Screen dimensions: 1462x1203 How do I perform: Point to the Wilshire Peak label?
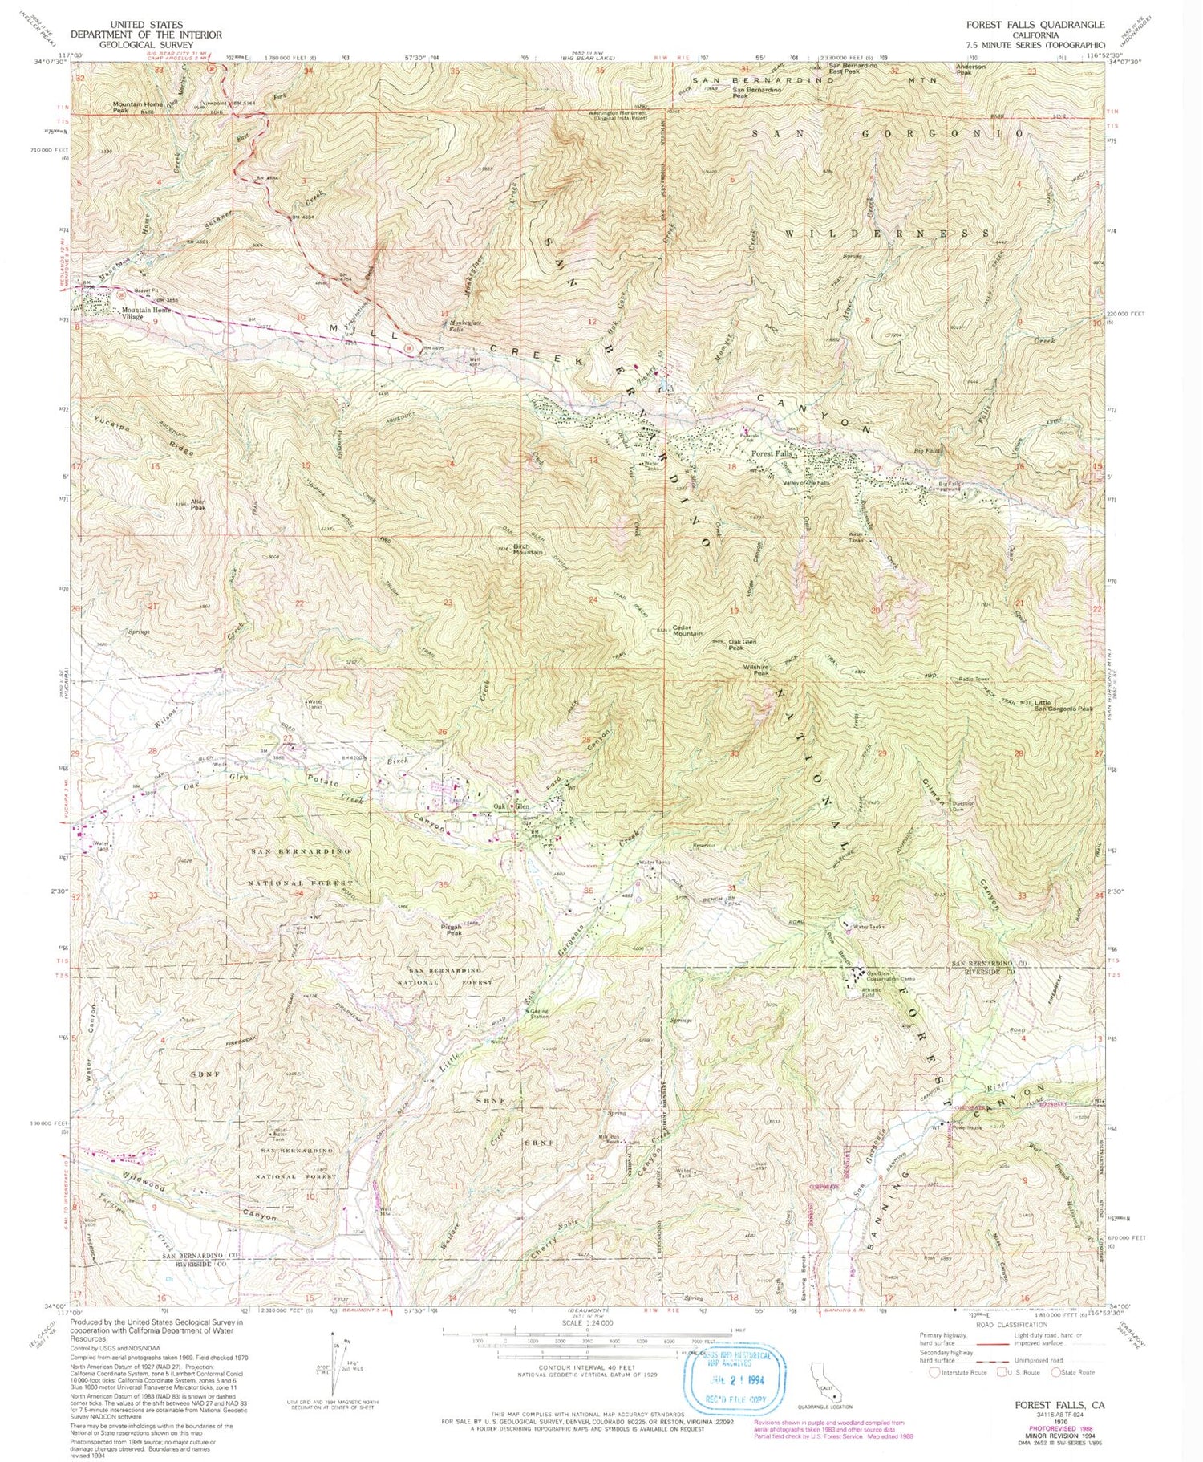point(755,669)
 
